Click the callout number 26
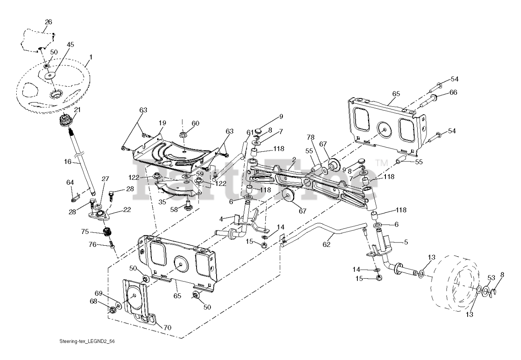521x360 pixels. coord(48,22)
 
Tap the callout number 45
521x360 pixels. coord(70,45)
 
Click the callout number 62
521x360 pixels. coord(326,244)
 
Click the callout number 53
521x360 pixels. coord(491,278)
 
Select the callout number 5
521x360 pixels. coord(405,242)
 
